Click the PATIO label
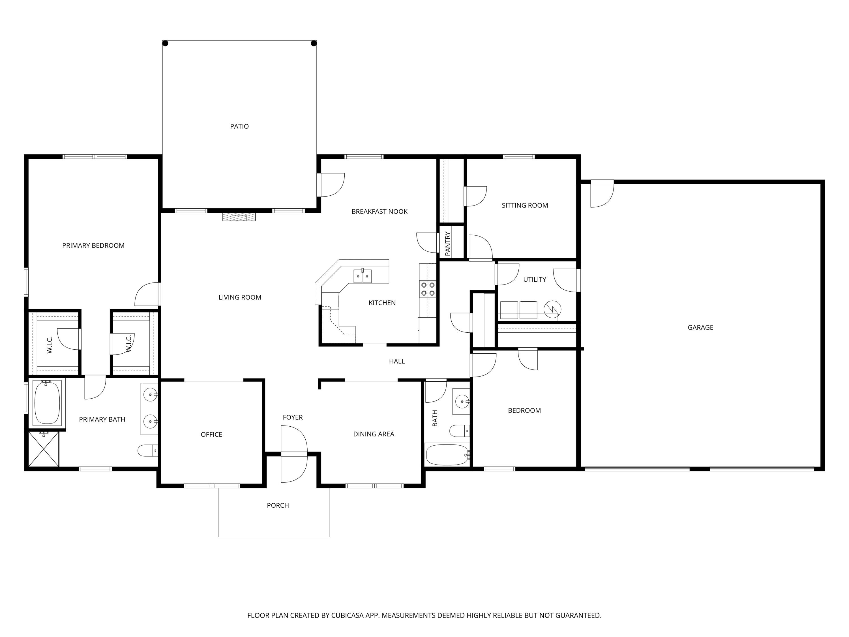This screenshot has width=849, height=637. coord(239,126)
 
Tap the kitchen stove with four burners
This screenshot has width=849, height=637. coord(428,289)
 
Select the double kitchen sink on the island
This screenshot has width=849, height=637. coord(362,276)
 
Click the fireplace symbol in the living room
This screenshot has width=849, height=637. coord(239,217)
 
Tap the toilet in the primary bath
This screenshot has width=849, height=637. coord(148,450)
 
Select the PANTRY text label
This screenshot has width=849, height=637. coord(447,243)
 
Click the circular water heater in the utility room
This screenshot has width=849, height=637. coord(552,309)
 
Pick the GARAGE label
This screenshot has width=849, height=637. coord(700,328)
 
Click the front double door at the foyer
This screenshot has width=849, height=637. coord(294,454)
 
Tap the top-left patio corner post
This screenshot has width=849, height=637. coord(166,43)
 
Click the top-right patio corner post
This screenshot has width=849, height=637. coord(314,43)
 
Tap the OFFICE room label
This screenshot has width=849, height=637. coord(211,434)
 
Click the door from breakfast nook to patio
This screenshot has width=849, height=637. coord(331,185)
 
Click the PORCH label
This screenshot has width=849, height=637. coord(278,505)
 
